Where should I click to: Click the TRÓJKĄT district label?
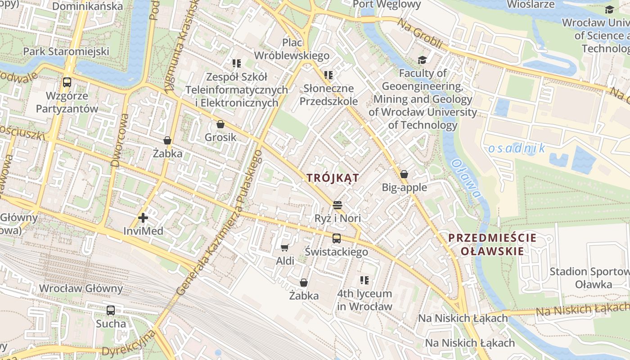(x=333, y=178)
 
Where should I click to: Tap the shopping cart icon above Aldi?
(x=284, y=247)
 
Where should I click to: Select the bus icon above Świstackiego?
(x=337, y=238)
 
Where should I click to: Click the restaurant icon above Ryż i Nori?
(x=338, y=205)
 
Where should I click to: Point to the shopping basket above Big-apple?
(x=404, y=174)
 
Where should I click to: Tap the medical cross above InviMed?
(x=143, y=218)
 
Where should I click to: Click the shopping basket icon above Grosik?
(x=220, y=124)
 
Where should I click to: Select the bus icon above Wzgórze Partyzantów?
(x=67, y=82)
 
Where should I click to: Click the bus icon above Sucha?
(x=111, y=310)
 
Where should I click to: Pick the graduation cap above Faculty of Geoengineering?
(x=422, y=60)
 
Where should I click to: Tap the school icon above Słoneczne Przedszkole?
(x=328, y=75)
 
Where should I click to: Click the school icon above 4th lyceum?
(x=364, y=280)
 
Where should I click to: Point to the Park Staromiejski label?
(x=66, y=51)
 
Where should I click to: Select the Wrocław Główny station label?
(x=81, y=288)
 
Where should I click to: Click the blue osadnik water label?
(x=517, y=148)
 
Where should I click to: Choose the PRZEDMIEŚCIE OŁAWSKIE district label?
(x=492, y=244)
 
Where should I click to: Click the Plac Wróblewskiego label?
(x=292, y=49)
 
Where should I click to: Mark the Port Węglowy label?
(x=387, y=5)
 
